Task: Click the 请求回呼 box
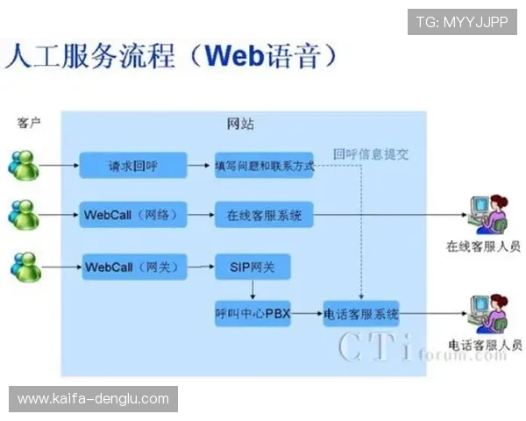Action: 133,165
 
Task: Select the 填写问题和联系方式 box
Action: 264,165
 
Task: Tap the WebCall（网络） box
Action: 133,214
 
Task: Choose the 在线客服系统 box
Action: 264,214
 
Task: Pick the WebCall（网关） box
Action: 133,267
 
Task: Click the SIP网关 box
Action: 252,267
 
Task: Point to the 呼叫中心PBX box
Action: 252,313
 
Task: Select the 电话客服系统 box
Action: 361,313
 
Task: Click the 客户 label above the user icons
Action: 29,123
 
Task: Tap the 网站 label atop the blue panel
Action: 241,124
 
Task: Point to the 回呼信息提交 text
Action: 371,153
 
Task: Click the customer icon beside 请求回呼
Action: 24,164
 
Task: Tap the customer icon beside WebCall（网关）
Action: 24,266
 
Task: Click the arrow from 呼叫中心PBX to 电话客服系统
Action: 306,313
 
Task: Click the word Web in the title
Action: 235,56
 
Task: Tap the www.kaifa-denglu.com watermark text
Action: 93,399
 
